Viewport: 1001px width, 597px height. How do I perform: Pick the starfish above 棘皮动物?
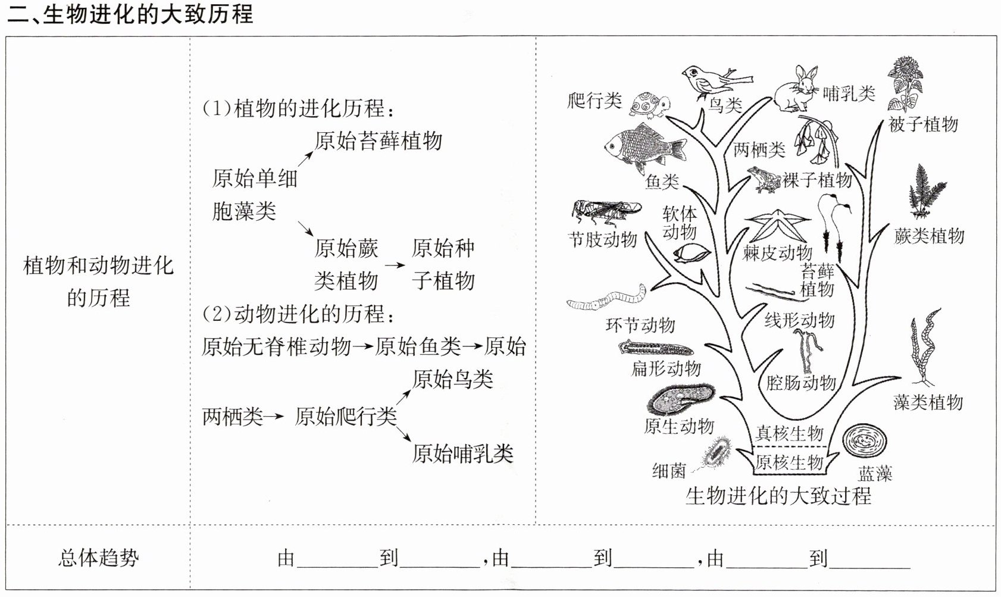pyautogui.click(x=777, y=226)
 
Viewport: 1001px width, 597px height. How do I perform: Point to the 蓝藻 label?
pyautogui.click(x=875, y=474)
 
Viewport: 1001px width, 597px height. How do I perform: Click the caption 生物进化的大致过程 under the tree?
pyautogui.click(x=778, y=496)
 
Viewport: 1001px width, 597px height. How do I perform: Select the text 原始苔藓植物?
pyautogui.click(x=378, y=141)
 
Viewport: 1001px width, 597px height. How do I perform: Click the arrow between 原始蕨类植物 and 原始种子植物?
pyautogui.click(x=394, y=264)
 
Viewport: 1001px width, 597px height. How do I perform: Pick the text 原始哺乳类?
pyautogui.click(x=462, y=454)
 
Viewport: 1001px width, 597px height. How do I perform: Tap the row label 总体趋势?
pyautogui.click(x=98, y=558)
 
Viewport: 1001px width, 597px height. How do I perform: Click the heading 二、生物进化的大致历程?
pyautogui.click(x=130, y=14)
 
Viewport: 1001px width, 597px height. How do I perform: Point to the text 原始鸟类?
pyautogui.click(x=453, y=379)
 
